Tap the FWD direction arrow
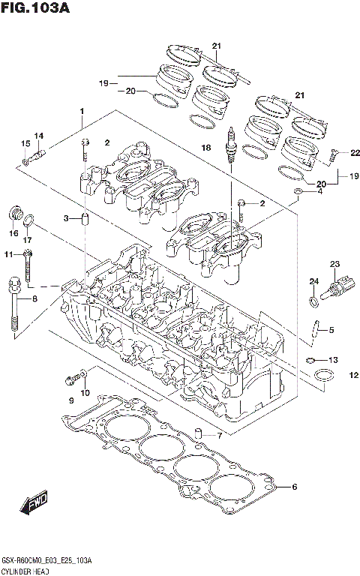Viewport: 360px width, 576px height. click(x=34, y=505)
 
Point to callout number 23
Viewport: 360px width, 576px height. click(x=334, y=263)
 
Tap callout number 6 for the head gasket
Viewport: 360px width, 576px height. click(x=294, y=487)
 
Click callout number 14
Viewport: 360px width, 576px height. click(x=39, y=136)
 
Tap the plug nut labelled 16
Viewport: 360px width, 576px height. click(x=13, y=214)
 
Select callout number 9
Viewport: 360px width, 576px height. click(x=71, y=401)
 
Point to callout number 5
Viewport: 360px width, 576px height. click(x=331, y=329)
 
